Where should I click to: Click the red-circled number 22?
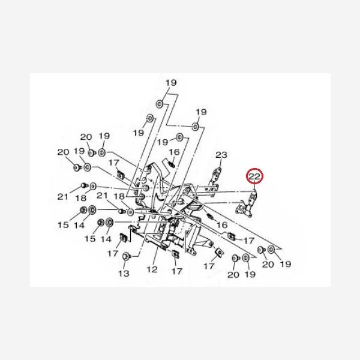(x=254, y=177)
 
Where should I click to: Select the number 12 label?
(x=151, y=269)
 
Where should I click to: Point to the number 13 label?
(x=123, y=274)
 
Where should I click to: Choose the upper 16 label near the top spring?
(x=174, y=152)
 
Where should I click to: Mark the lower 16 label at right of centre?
(x=222, y=224)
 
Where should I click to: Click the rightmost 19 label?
(x=285, y=264)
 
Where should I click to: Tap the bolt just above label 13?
(x=125, y=257)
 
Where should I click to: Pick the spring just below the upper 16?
(x=172, y=163)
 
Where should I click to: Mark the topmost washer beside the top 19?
(x=159, y=104)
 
